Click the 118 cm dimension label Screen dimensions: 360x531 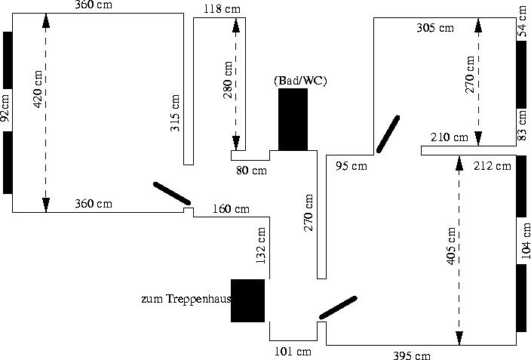click(223, 9)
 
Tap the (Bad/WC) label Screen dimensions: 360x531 click(300, 80)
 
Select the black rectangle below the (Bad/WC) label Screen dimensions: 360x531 click(293, 119)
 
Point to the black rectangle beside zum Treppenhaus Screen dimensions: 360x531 click(247, 300)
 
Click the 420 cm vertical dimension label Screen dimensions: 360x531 click(38, 89)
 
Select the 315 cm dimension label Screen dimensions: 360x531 click(175, 113)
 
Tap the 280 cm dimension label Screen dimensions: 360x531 click(228, 80)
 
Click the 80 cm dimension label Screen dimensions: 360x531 click(251, 171)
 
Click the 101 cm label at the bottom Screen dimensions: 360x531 click(293, 352)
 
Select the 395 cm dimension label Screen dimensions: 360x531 click(413, 355)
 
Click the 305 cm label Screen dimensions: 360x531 click(435, 28)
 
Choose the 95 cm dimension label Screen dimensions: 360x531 click(351, 165)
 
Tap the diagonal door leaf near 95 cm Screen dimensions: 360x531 click(388, 134)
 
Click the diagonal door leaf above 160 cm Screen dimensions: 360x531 click(172, 193)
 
